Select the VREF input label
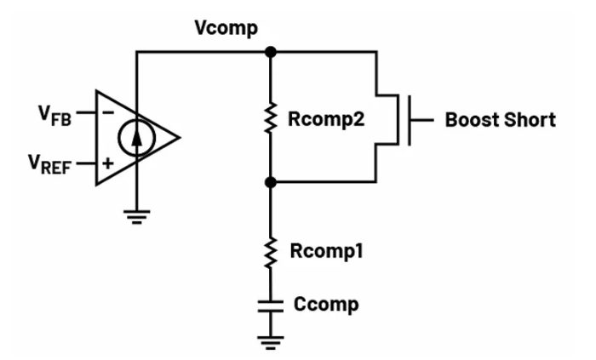point(52,163)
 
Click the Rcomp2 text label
point(326,120)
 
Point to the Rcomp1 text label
point(327,252)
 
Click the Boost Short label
point(500,120)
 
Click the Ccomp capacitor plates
point(271,305)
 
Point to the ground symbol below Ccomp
point(271,342)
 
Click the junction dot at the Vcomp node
point(271,53)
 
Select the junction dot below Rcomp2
point(271,181)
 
